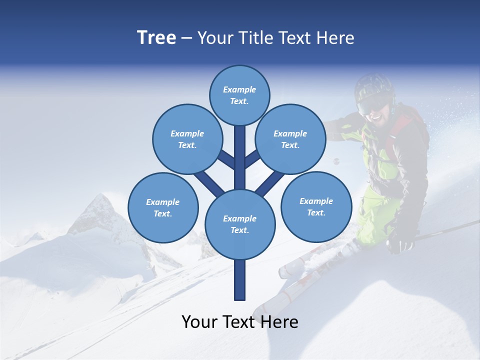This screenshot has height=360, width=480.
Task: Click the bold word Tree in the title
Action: [x=156, y=37]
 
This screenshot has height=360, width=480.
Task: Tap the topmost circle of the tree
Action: [x=239, y=95]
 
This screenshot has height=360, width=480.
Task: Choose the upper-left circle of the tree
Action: [x=187, y=139]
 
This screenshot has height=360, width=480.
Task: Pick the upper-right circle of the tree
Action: [x=290, y=139]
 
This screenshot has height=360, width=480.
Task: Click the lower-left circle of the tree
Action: [x=162, y=207]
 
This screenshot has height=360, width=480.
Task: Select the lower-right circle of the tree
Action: [x=316, y=206]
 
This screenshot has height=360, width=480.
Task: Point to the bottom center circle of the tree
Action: [x=239, y=224]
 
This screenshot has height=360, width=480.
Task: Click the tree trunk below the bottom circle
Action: [x=240, y=280]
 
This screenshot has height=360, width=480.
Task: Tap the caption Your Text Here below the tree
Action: [x=239, y=322]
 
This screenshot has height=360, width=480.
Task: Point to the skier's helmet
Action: [x=373, y=85]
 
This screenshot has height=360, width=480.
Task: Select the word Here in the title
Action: [x=336, y=38]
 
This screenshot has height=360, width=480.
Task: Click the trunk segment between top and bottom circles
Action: [x=240, y=157]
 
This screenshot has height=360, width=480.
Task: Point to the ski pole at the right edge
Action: [x=450, y=229]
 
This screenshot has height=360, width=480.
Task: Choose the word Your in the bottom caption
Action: [x=199, y=322]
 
